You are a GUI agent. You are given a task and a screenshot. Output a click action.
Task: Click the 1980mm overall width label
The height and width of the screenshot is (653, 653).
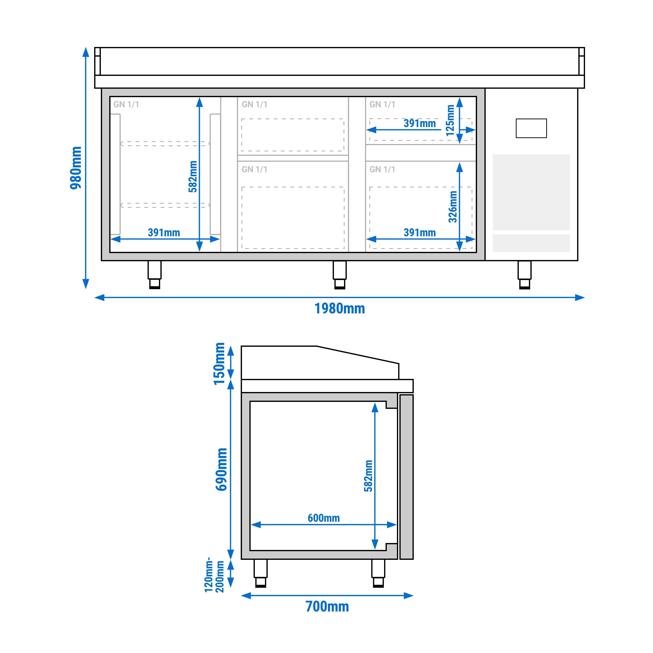[x=340, y=309]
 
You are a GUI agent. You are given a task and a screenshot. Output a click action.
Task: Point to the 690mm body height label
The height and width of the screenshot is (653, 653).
[x=221, y=469]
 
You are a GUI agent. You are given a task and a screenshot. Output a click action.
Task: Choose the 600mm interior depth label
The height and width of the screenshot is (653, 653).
[x=324, y=518]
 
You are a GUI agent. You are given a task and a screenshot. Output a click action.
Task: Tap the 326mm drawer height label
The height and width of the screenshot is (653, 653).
[x=453, y=207]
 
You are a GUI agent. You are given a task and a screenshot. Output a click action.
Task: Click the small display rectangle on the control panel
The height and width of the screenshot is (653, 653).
[x=531, y=128]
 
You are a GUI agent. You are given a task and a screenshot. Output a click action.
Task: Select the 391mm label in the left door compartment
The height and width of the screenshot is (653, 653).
[x=164, y=233]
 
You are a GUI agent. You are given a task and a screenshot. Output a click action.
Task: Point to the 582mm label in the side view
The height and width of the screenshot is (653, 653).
[x=369, y=476]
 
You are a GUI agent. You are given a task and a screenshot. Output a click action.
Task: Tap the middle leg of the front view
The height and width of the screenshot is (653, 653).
[x=340, y=275]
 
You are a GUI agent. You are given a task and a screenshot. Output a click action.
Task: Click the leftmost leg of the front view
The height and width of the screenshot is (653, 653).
[x=155, y=275]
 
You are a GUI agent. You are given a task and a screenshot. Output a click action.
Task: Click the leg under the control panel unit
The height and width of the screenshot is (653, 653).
[x=524, y=275]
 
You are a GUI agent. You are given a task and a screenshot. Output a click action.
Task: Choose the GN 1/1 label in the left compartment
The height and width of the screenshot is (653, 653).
[x=126, y=105]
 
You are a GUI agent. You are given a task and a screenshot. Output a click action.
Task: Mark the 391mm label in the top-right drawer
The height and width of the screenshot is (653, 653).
[x=419, y=123]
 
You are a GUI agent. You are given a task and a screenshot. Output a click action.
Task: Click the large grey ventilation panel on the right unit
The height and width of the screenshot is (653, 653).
[x=531, y=192]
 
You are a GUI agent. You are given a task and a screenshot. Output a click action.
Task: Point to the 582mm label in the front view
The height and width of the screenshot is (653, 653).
[x=193, y=176]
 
